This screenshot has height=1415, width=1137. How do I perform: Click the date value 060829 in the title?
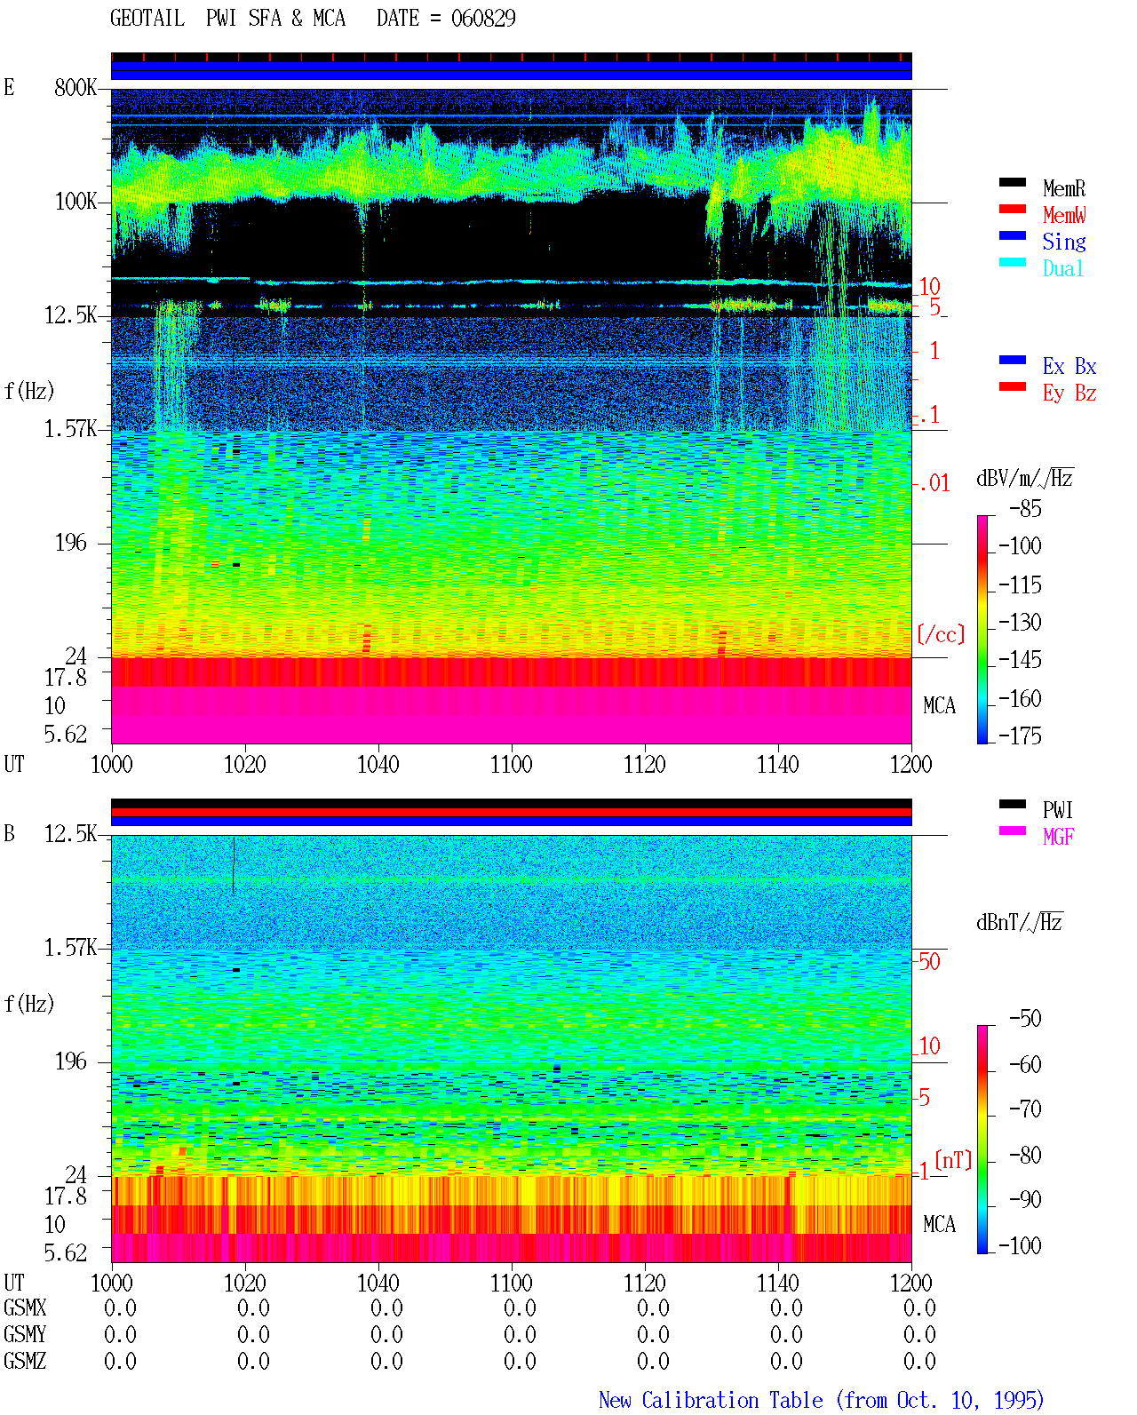point(482,19)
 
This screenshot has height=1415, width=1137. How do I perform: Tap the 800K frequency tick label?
point(75,87)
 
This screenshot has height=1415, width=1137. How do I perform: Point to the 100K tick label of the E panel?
point(75,202)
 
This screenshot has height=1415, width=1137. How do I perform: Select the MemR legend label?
point(1063,188)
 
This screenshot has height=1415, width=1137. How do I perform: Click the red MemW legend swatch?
point(1012,209)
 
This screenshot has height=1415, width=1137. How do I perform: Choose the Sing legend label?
point(1063,242)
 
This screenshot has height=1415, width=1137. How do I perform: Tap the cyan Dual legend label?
point(1062,268)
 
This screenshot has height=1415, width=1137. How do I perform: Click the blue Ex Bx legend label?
point(1069,366)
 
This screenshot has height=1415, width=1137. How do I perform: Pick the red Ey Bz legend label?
point(1069,393)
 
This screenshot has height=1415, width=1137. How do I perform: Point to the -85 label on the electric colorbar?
point(1025,508)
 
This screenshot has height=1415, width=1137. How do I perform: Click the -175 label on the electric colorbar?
point(1020,735)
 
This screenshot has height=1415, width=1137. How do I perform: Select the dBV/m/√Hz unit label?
point(1024,479)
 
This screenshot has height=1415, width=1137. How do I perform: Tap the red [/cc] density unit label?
point(941,634)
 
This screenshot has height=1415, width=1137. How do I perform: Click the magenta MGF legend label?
point(1058,837)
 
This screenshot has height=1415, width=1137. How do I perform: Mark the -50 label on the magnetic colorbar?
point(1025,1019)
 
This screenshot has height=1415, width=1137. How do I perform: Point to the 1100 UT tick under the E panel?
point(511,764)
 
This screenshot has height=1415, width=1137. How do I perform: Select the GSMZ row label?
point(25,1361)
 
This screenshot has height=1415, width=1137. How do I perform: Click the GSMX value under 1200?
point(919,1308)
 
